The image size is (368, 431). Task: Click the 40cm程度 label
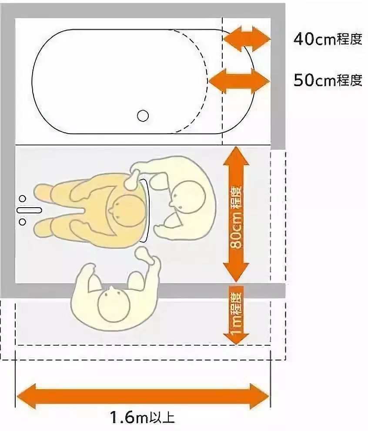(328, 39)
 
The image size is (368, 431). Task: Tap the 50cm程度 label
(328, 80)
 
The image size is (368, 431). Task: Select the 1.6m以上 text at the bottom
(143, 417)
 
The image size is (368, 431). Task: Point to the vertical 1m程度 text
(236, 313)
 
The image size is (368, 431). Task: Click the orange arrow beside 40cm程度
(247, 39)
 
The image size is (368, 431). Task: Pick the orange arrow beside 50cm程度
(239, 81)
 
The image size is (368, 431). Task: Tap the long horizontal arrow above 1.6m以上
(143, 396)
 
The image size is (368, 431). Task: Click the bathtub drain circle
(143, 115)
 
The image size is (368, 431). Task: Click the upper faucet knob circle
(23, 199)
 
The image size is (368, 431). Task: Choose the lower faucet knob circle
(23, 222)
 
